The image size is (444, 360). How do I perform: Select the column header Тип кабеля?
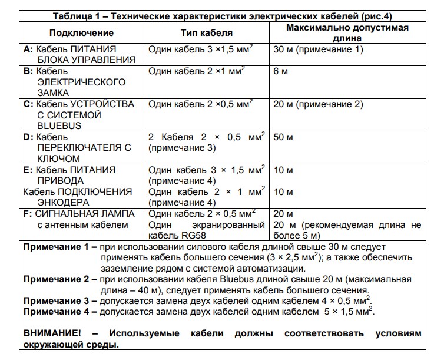[x=206, y=33]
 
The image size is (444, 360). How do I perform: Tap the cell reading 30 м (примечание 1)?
[x=318, y=49]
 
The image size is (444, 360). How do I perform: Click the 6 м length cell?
[x=281, y=71]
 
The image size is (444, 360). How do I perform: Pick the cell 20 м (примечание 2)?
[x=318, y=104]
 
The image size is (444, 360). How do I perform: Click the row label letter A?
[x=28, y=49]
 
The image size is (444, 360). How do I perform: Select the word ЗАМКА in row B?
[x=53, y=93]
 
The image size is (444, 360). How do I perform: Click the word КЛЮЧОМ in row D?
[x=58, y=159]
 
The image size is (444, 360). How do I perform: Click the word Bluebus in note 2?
[x=257, y=279]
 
